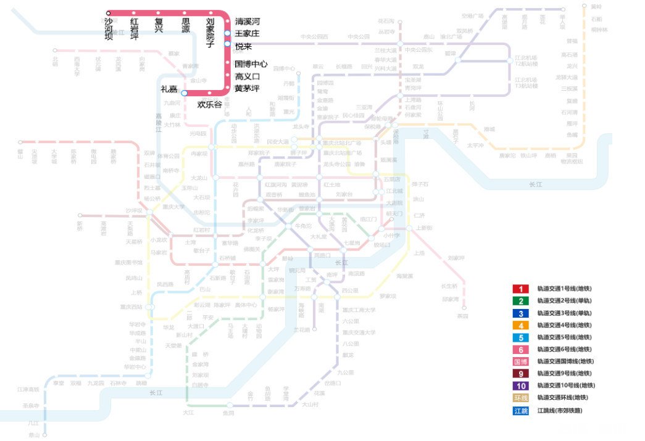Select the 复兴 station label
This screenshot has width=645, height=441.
click(159, 25)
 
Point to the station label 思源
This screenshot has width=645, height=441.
click(185, 25)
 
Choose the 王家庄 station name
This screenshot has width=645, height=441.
click(247, 33)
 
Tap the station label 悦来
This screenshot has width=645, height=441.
click(243, 46)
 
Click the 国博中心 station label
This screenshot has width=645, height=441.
click(251, 64)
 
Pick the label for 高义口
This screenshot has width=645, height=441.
click(247, 76)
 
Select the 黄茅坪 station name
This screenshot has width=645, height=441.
click(247, 88)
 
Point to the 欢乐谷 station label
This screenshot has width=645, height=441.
click(209, 104)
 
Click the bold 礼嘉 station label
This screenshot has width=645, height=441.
click(169, 89)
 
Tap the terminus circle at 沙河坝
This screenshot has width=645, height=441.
click(109, 12)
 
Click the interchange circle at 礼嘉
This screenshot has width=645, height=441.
click(184, 93)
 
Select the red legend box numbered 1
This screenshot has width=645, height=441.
click(520, 289)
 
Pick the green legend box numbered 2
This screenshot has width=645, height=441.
click(520, 301)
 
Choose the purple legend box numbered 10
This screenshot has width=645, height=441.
click(520, 385)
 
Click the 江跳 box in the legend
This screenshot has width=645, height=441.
click(520, 410)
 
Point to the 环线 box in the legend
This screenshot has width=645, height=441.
click(520, 398)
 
